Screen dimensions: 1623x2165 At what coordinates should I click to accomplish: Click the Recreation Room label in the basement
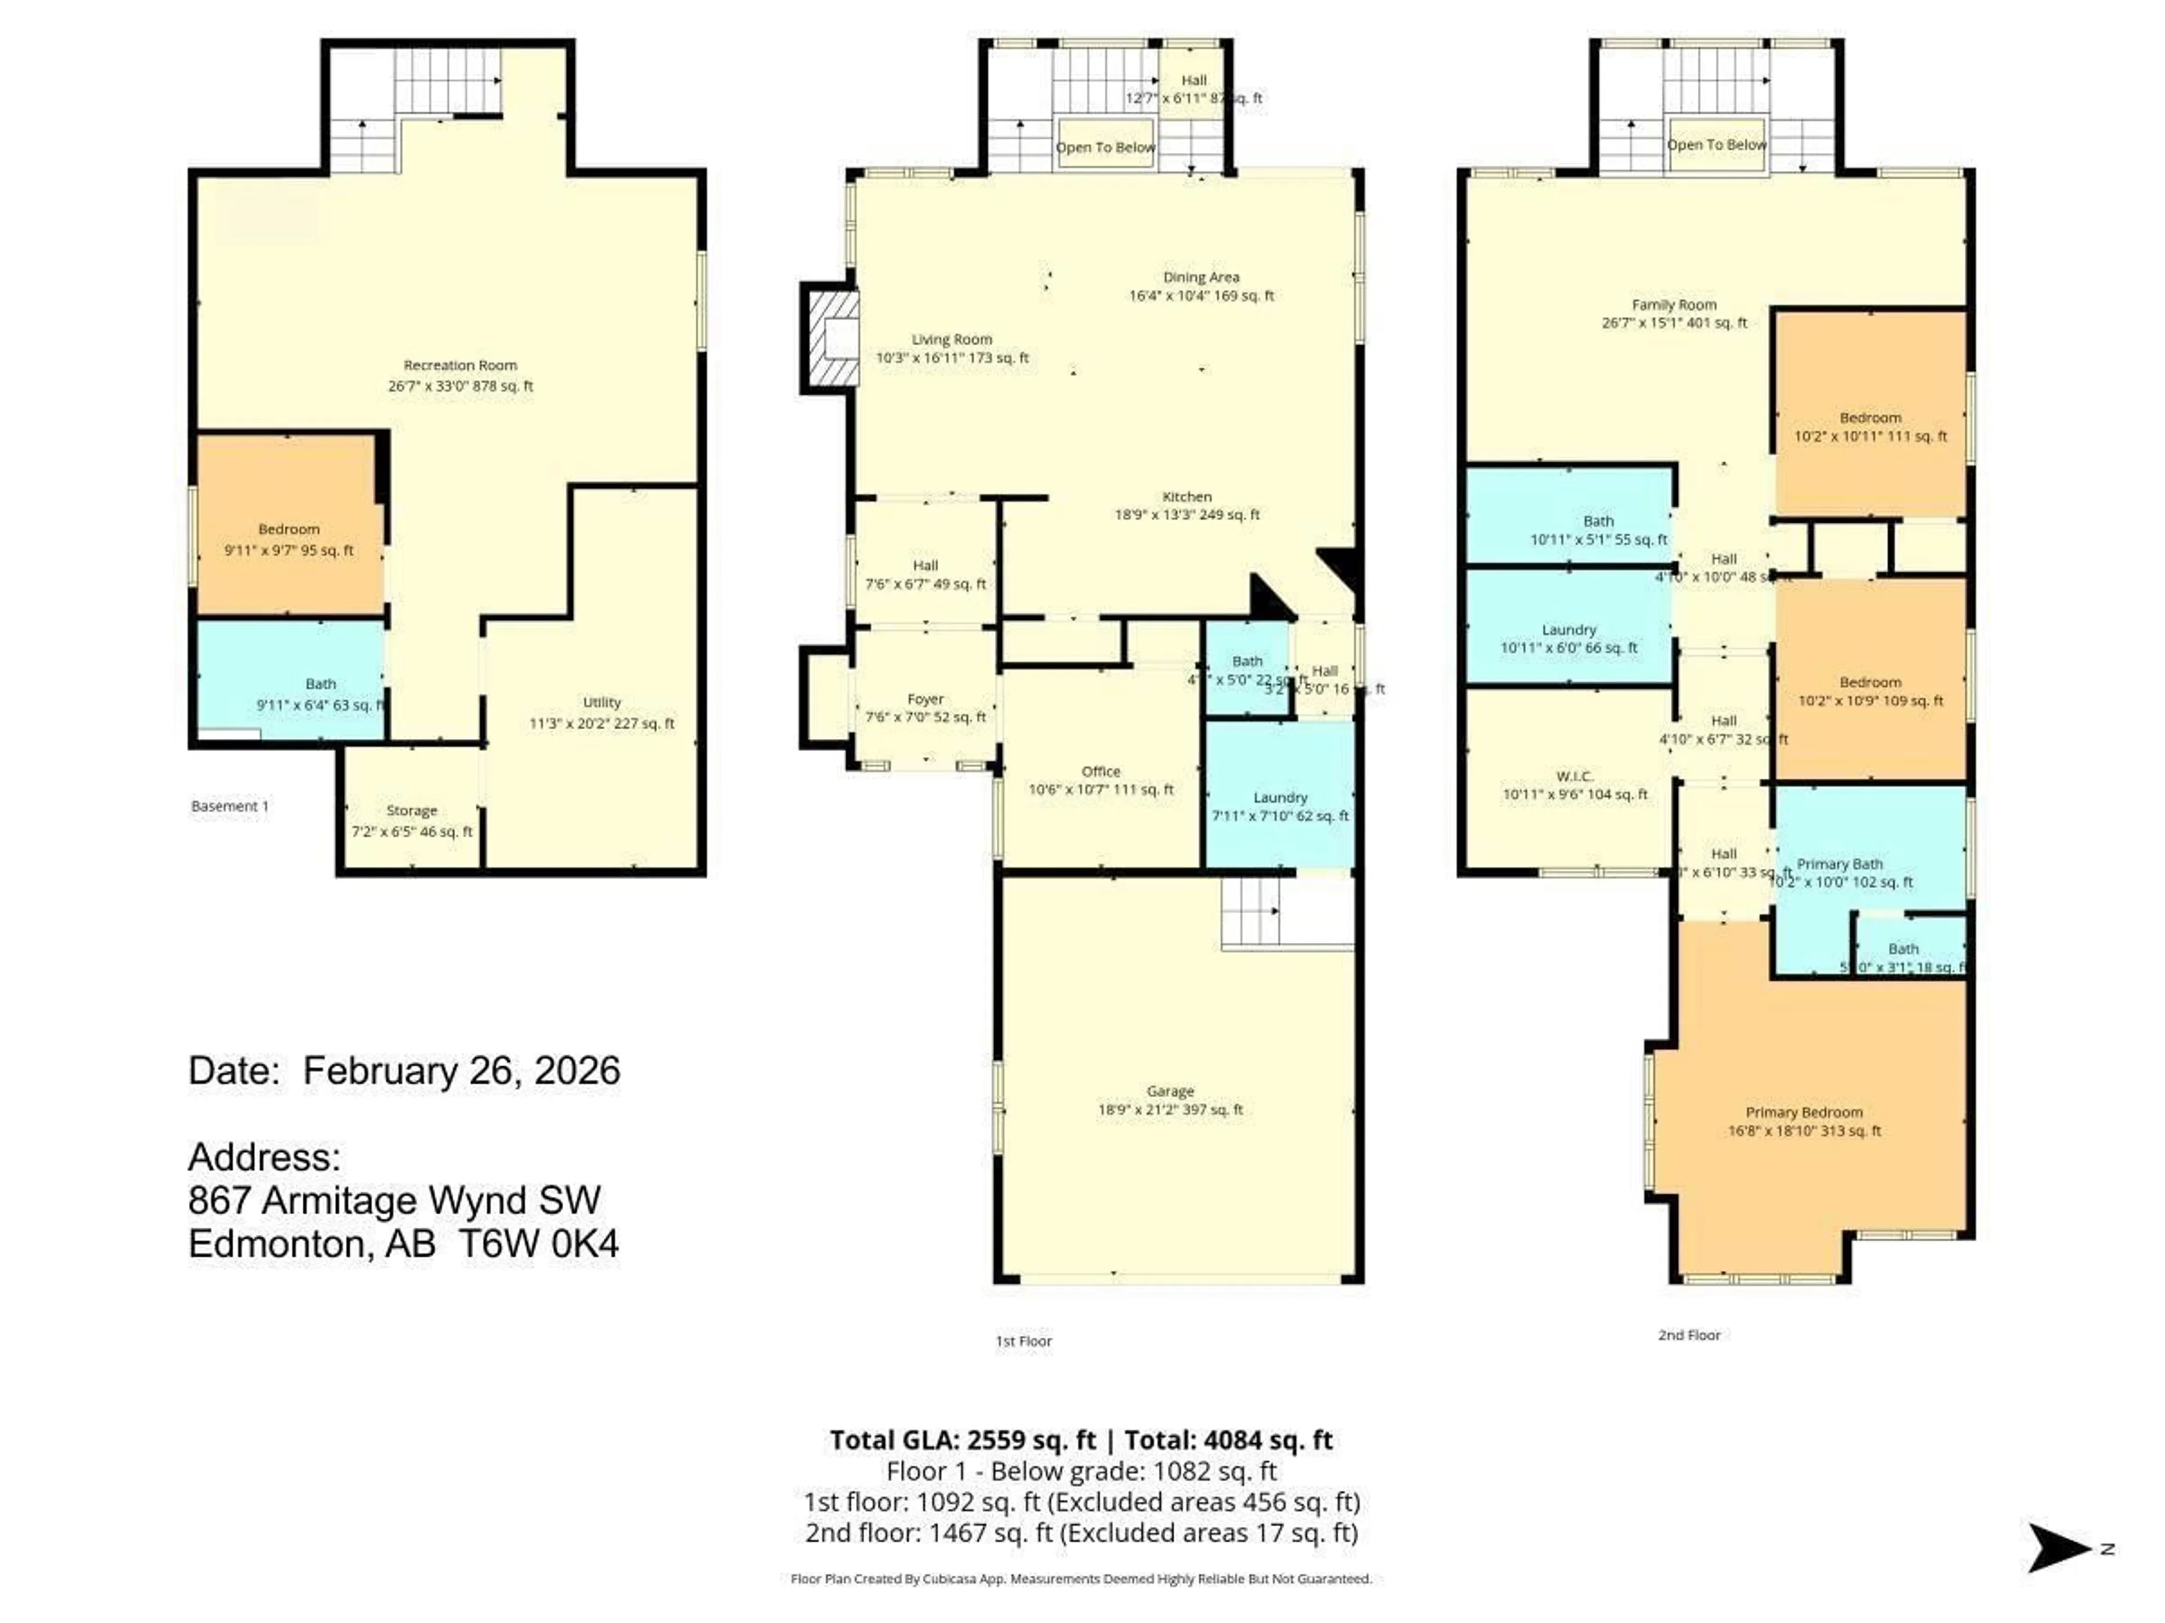(x=460, y=365)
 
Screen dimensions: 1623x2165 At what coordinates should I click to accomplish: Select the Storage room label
(x=411, y=810)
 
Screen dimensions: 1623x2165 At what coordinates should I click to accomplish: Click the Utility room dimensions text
(x=602, y=724)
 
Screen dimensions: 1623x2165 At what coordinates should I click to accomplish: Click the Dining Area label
(x=1201, y=277)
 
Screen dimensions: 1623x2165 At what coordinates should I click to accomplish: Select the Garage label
(x=1170, y=1091)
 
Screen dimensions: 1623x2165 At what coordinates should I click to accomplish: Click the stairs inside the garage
(x=1252, y=910)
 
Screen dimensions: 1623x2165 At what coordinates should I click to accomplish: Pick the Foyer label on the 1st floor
(x=925, y=699)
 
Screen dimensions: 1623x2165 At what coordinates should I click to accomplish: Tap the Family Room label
(x=1674, y=305)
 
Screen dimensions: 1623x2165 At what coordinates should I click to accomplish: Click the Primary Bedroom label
(x=1804, y=1112)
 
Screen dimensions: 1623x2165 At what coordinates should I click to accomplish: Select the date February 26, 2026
(x=461, y=1070)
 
